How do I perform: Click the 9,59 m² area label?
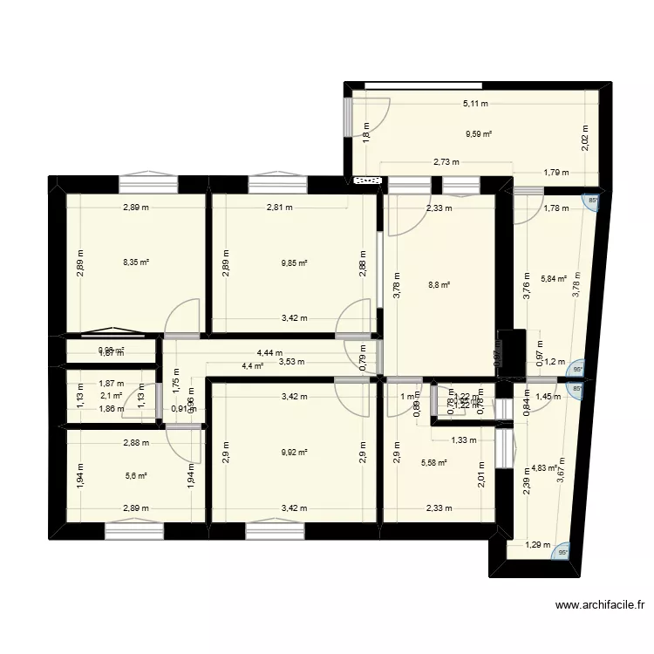pos(479,134)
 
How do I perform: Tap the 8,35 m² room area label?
pos(136,262)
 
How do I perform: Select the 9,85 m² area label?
pos(294,262)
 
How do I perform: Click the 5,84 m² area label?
pos(554,279)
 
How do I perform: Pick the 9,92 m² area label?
pos(294,452)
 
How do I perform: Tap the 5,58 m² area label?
pos(433,463)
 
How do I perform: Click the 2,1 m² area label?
pos(112,395)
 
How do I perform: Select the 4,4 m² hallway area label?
pos(252,365)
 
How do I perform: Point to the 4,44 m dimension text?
pos(269,353)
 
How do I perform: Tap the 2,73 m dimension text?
pos(446,161)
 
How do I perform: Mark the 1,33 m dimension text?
pos(465,440)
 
